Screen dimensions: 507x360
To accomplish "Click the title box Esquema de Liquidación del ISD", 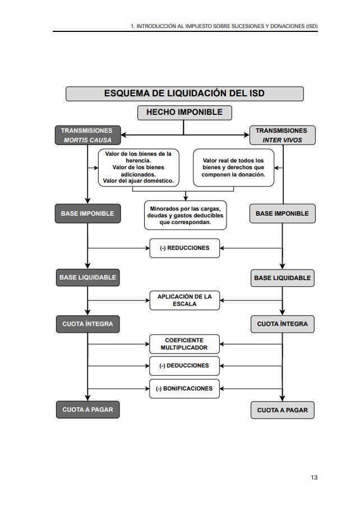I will (x=184, y=94).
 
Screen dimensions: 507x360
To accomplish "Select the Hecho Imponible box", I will (x=184, y=112).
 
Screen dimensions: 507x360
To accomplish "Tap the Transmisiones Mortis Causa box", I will (x=87, y=135).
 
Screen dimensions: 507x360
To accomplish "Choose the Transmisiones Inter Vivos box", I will (x=282, y=135).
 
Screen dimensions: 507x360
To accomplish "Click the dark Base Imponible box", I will (x=87, y=213).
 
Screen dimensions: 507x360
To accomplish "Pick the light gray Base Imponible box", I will (x=282, y=213).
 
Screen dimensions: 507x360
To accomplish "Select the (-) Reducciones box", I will (x=184, y=248).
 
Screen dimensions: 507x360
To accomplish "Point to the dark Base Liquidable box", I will (x=87, y=277).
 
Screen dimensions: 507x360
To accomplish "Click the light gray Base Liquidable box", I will (x=282, y=278).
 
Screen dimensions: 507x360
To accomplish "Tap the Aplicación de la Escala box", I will (x=184, y=300).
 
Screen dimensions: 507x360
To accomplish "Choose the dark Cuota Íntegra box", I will (x=87, y=324).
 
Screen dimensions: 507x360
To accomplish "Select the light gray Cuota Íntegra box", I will (x=282, y=324).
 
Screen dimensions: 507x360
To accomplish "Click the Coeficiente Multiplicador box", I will (x=184, y=344).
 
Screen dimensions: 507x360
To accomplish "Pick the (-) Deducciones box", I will (x=184, y=366).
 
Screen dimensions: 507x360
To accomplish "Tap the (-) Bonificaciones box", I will (x=184, y=388).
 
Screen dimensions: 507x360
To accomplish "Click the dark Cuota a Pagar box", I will (x=87, y=410).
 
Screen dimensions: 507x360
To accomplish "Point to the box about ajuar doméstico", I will (x=139, y=168).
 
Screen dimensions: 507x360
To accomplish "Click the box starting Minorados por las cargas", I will (x=185, y=215).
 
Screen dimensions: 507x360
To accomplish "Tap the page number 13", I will (x=314, y=477).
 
